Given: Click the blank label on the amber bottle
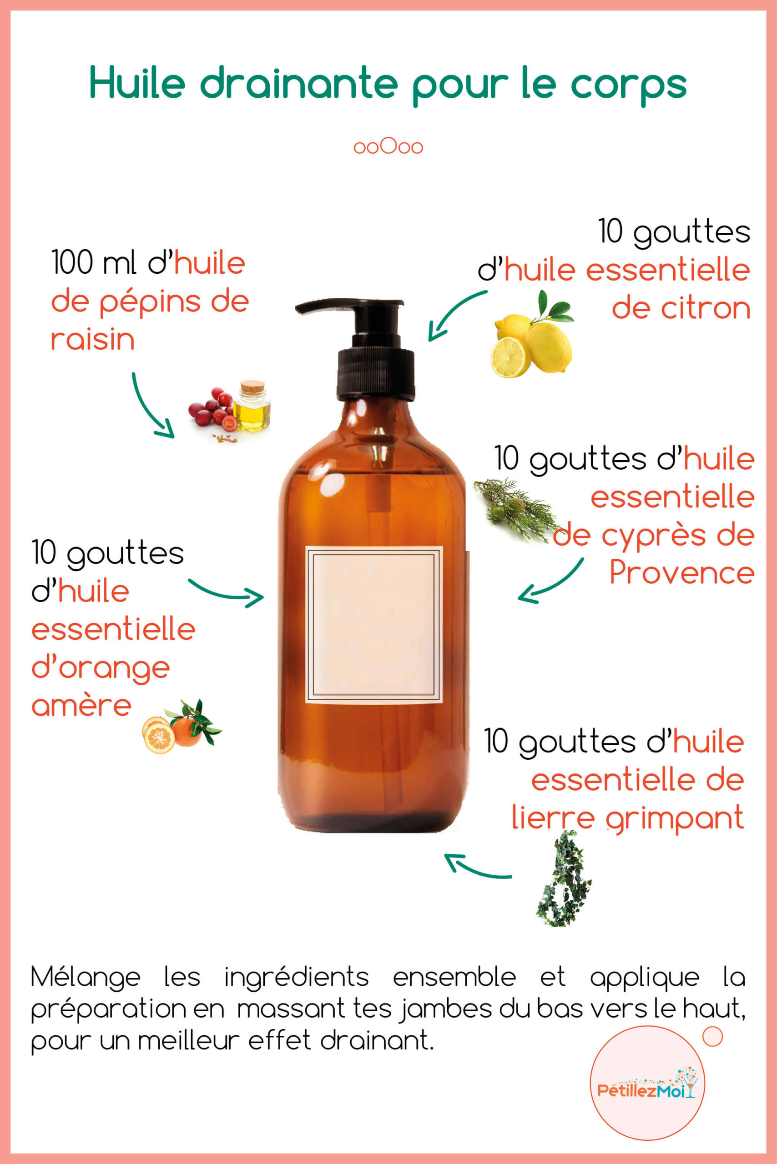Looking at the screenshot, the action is tap(373, 625).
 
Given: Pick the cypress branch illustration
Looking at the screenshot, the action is tap(515, 509).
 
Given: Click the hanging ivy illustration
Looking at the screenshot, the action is tap(564, 880).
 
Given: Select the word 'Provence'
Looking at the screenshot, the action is tap(682, 573).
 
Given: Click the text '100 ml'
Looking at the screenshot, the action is tap(94, 262).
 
